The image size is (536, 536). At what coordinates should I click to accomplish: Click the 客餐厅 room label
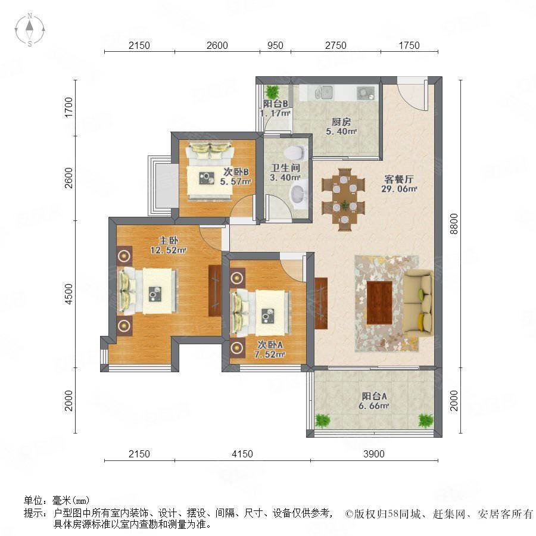tap(397, 179)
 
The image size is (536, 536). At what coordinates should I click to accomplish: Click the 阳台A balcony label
tap(375, 397)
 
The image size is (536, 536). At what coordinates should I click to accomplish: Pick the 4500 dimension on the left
tap(70, 294)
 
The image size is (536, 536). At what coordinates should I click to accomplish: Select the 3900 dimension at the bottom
tap(375, 454)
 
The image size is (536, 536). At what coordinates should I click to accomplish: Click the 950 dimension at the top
tap(275, 45)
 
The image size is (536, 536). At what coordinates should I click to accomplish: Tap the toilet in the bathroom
tap(298, 150)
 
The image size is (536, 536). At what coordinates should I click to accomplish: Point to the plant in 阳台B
tap(272, 92)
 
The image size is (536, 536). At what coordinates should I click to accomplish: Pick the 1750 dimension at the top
tap(409, 45)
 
